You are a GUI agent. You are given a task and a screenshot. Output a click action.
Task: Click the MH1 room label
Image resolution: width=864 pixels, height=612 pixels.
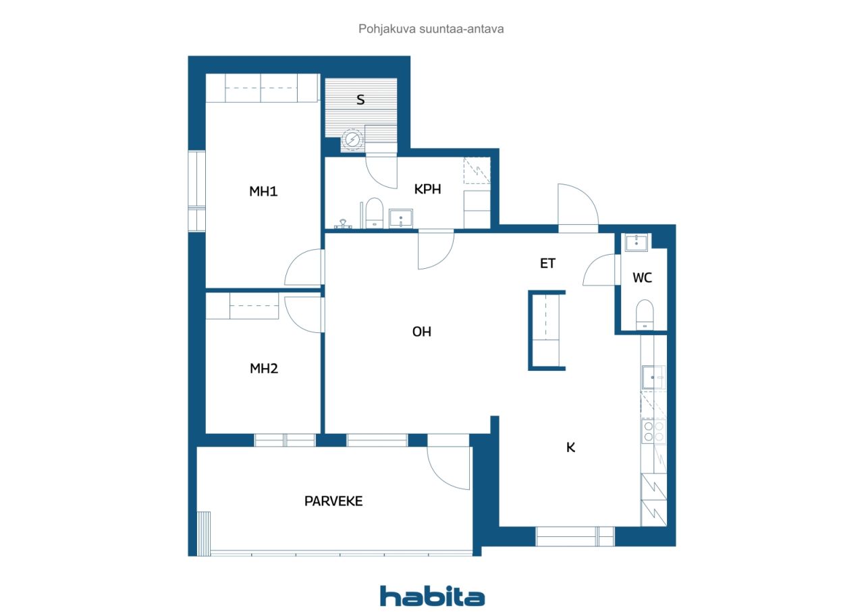click(263, 191)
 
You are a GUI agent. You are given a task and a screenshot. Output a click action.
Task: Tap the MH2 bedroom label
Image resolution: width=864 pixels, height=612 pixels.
click(264, 369)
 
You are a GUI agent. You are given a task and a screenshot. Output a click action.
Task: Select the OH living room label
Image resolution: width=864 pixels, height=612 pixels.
click(422, 332)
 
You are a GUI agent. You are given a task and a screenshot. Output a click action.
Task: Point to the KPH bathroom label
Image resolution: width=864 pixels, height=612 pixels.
click(427, 189)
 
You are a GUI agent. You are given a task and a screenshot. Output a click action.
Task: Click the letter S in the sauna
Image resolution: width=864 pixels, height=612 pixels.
click(360, 100)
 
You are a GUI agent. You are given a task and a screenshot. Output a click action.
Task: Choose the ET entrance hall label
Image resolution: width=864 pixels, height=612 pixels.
click(547, 263)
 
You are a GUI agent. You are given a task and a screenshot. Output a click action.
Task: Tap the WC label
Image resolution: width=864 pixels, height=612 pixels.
click(642, 278)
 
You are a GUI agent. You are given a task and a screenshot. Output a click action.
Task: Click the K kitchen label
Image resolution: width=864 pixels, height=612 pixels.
click(571, 448)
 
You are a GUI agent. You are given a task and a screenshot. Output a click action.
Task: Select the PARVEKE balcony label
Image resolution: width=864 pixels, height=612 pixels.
click(333, 501)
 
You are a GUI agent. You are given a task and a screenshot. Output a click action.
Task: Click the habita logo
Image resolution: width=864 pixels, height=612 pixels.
click(432, 596)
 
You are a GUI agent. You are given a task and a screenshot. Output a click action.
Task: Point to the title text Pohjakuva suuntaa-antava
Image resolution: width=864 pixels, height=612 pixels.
click(431, 29)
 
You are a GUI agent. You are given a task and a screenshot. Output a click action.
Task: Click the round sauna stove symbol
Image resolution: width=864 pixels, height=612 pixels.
click(352, 139)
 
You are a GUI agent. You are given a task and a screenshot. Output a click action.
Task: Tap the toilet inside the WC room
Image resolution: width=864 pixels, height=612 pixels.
click(645, 315)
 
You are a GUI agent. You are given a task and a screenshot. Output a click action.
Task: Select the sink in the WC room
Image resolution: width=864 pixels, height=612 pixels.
click(636, 243)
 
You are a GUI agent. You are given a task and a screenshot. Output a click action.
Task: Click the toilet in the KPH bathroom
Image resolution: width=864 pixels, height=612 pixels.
click(374, 213)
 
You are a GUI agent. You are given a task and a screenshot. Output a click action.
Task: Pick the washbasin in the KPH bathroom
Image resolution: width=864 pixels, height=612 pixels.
click(401, 218)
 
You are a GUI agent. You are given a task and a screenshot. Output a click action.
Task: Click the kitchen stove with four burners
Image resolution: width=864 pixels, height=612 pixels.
click(654, 432)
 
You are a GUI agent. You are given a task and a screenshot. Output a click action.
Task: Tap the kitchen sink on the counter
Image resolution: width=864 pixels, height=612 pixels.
click(653, 378)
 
